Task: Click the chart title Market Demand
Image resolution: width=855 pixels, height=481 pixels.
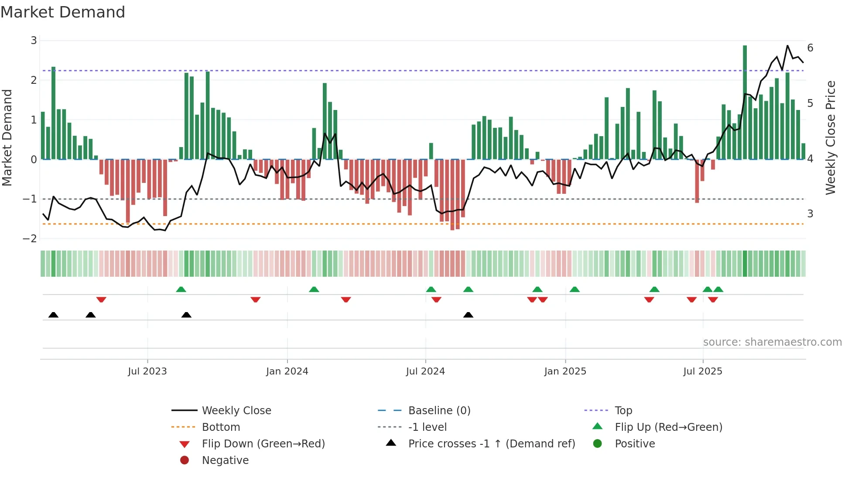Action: [x=63, y=12]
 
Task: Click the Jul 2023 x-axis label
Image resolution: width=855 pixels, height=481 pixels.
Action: [x=147, y=371]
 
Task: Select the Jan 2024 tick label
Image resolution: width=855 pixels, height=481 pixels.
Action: [x=287, y=371]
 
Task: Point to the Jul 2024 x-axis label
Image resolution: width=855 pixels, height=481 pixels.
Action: [x=425, y=371]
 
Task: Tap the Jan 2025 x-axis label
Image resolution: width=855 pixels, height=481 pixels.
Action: [x=565, y=371]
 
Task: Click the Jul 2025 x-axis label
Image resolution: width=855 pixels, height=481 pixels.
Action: [x=703, y=371]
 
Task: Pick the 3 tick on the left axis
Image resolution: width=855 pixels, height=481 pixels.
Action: [x=34, y=41]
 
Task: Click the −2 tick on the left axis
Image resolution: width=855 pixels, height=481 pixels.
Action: [x=30, y=239]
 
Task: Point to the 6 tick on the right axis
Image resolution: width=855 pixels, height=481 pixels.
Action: [x=810, y=48]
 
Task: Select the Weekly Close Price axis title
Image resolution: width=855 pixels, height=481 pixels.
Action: [x=831, y=137]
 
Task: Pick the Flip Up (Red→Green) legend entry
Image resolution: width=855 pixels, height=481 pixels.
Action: [x=668, y=427]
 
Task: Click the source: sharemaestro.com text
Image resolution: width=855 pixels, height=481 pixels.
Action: [x=772, y=342]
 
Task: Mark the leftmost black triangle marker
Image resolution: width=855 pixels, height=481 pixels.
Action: [x=53, y=315]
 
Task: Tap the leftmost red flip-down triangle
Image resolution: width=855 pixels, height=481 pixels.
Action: [x=101, y=299]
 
